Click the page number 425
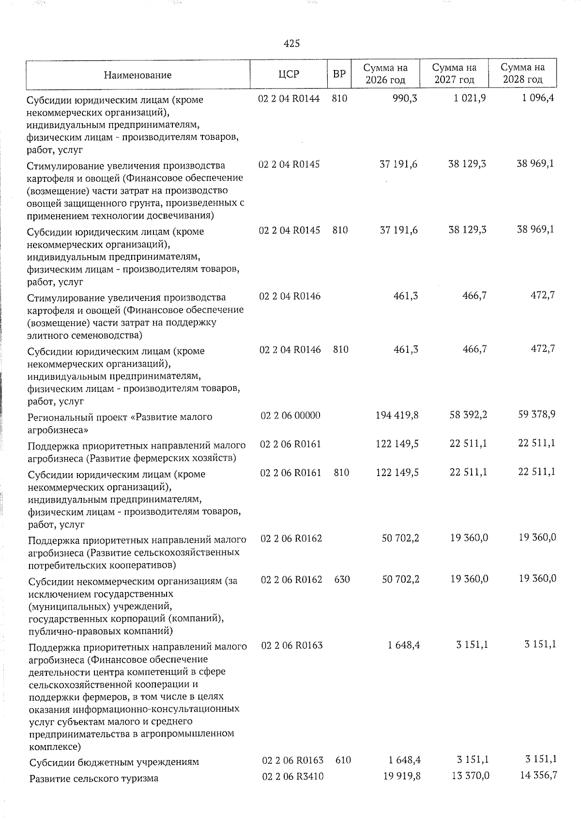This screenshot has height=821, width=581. (x=291, y=44)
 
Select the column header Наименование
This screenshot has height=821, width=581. (x=138, y=75)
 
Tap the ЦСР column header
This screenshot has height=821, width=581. (x=289, y=74)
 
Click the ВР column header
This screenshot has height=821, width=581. (x=339, y=74)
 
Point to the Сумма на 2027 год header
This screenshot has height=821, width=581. (x=454, y=74)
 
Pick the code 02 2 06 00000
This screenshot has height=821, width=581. (x=290, y=416)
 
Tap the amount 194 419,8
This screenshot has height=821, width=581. (x=397, y=415)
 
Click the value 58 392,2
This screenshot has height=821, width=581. (x=468, y=415)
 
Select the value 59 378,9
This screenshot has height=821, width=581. (x=536, y=415)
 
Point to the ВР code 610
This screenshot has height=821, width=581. (x=343, y=760)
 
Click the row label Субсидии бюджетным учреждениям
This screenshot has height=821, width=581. (x=114, y=762)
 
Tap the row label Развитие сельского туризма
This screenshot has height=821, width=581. (x=93, y=779)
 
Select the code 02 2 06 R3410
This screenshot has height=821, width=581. (x=292, y=776)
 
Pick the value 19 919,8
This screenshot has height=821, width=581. (x=400, y=776)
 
